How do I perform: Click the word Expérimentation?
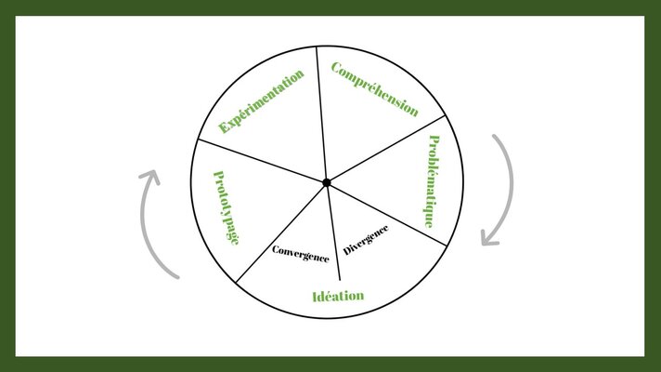262,101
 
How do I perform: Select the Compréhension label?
375,89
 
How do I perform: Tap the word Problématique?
432,181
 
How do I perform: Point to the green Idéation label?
338,296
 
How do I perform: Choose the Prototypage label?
227,207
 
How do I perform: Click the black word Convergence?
301,254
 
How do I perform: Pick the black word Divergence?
366,240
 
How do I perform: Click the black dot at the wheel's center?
327,182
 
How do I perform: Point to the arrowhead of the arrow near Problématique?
489,239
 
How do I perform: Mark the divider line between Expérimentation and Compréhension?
321,114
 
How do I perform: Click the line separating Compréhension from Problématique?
385,149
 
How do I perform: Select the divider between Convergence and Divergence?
333,232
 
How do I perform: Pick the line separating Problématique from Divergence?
386,214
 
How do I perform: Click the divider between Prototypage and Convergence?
281,232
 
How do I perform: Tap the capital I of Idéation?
316,297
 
